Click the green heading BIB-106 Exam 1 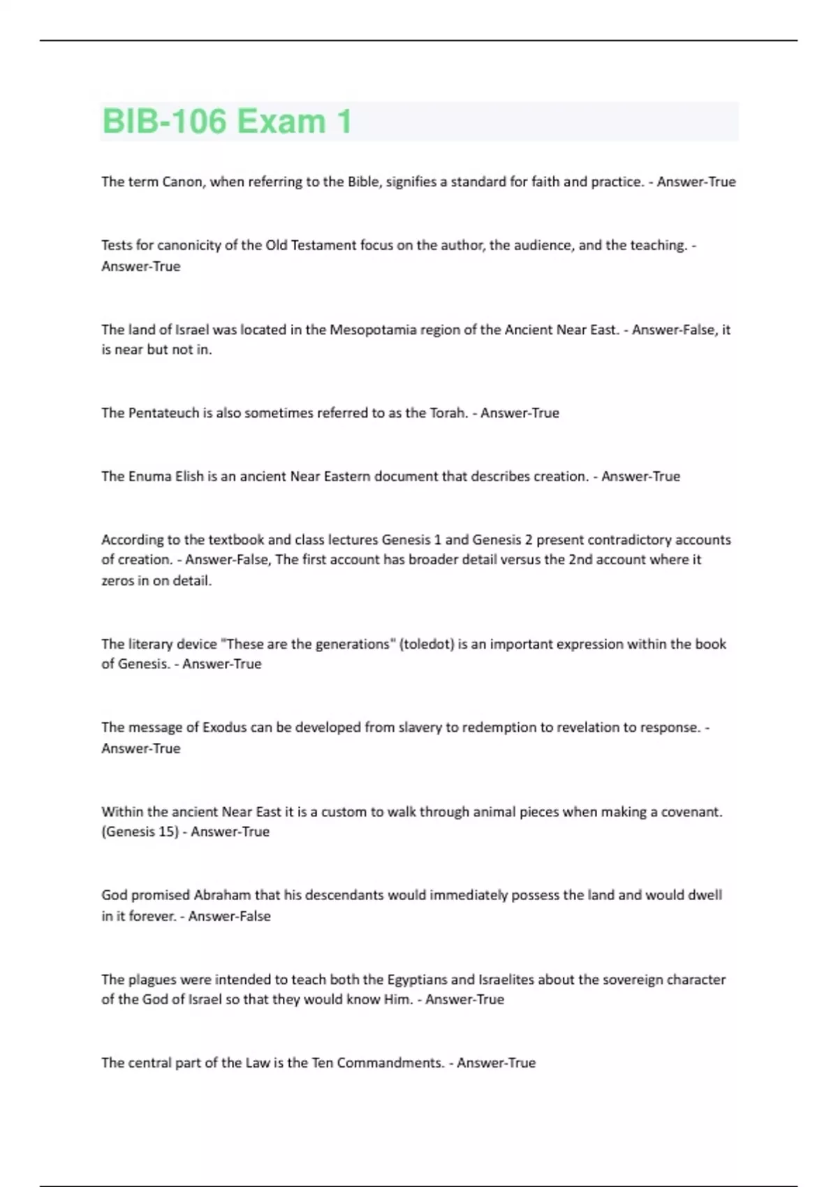227,121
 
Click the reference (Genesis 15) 140,832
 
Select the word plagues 153,980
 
